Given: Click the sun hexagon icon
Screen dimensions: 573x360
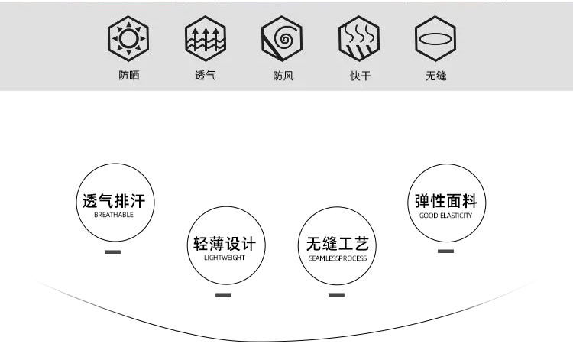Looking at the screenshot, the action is (x=128, y=37).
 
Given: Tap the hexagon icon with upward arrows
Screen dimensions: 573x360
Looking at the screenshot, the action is (x=206, y=37).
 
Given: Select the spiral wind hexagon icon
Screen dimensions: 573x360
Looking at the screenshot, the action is (x=283, y=37).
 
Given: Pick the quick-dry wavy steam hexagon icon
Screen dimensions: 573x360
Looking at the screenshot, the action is (x=360, y=37).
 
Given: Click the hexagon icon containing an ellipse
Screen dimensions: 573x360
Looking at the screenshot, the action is (x=436, y=37).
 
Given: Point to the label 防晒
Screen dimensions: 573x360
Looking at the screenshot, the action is (x=128, y=76).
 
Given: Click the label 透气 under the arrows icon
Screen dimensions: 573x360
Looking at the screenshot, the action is (x=206, y=76).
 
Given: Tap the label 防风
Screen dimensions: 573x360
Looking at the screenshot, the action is (x=283, y=76).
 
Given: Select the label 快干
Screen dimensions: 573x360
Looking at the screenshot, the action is (x=360, y=76).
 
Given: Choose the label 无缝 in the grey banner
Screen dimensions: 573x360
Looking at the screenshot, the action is (x=436, y=76).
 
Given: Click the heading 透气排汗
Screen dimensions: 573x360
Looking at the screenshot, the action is (x=113, y=202).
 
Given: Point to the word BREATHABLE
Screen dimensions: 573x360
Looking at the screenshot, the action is (x=113, y=216).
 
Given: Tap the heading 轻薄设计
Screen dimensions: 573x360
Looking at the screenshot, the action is (x=224, y=245).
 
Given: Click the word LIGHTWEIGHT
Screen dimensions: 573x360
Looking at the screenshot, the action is (x=224, y=258).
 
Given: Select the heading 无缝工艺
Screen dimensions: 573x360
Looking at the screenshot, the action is (x=337, y=245).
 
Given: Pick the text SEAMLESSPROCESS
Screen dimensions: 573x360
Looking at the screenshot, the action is (x=337, y=258).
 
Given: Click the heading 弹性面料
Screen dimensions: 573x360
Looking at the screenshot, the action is (x=445, y=202).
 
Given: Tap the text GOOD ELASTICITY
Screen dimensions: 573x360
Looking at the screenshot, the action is (x=445, y=216).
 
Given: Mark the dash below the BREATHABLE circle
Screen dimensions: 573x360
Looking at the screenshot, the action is (x=113, y=251).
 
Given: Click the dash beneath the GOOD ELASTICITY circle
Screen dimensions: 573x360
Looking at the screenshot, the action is (x=445, y=251).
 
